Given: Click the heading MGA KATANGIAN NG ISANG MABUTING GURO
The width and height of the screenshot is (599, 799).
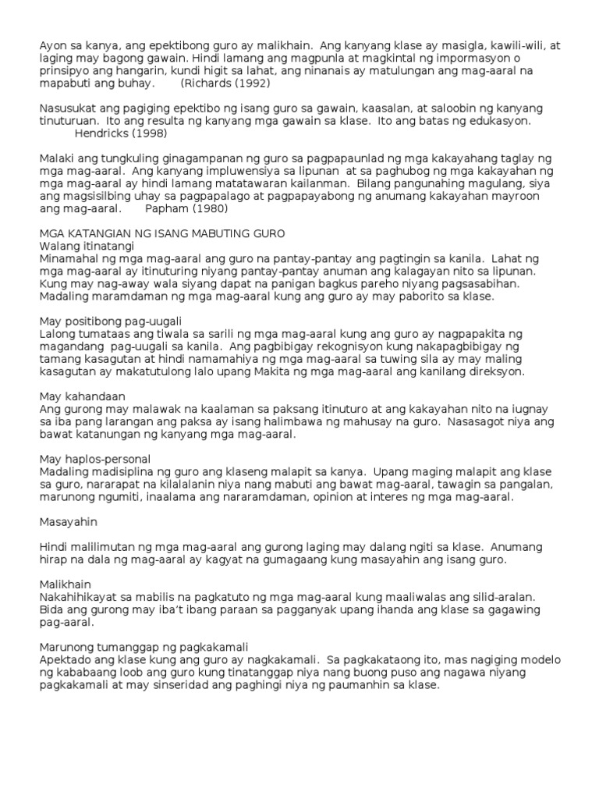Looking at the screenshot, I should (x=162, y=233).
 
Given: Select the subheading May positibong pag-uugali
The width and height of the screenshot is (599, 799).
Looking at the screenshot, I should (x=115, y=321).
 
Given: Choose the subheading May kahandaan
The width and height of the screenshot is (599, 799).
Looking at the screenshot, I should (x=81, y=396).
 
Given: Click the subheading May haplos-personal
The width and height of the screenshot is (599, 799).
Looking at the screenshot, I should (x=94, y=458).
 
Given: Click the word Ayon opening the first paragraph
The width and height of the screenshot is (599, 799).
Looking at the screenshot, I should (x=53, y=45).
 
